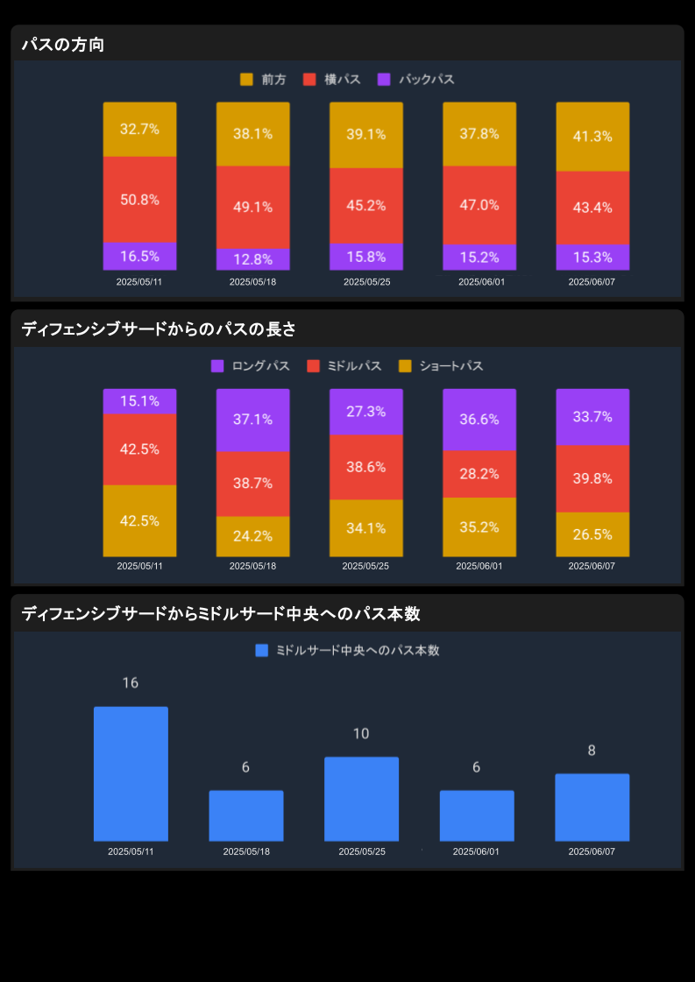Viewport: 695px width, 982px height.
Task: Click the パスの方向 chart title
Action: pos(63,45)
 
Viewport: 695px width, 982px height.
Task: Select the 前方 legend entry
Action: pos(263,80)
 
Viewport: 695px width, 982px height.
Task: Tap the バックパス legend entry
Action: pos(416,80)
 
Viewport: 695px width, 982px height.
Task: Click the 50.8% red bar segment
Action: pos(139,200)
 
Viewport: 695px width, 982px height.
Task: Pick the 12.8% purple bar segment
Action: pos(252,259)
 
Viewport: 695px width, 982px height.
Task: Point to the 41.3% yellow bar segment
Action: pos(592,137)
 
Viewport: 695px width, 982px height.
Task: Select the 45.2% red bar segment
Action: pos(366,206)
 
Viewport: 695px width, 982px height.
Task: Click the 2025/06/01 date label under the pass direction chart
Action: pos(481,282)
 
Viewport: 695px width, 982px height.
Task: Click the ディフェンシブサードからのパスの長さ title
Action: pos(159,329)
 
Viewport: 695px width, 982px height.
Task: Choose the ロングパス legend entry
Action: pos(251,366)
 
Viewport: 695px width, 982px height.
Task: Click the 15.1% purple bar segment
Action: pos(139,401)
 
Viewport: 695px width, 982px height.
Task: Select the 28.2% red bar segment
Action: pos(479,474)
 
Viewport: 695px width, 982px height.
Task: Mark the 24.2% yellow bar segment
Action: pos(252,536)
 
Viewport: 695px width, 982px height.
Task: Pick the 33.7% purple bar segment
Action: pos(592,417)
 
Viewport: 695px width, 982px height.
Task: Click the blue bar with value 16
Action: pos(131,774)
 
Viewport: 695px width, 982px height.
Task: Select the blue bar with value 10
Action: pos(361,799)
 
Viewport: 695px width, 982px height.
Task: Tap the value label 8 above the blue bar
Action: pos(592,751)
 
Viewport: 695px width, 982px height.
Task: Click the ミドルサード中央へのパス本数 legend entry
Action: pos(347,651)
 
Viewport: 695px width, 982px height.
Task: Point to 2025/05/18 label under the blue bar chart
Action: pos(246,851)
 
